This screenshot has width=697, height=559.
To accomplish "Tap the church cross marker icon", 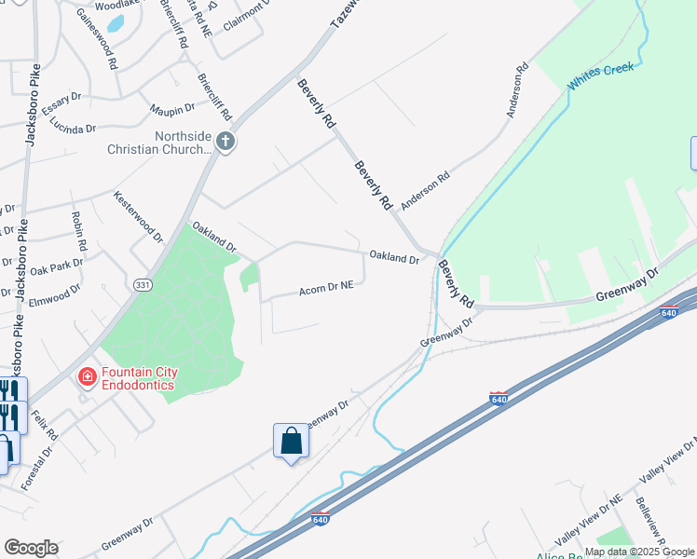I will [225, 142].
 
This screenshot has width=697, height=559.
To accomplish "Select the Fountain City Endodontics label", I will [139, 377].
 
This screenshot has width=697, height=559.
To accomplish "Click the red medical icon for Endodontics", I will [87, 377].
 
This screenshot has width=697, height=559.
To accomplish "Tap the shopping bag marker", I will [291, 441].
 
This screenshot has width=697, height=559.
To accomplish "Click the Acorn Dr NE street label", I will [326, 289].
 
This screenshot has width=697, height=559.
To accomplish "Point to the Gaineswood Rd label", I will [96, 39].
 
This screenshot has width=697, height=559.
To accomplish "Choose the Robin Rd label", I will [79, 232].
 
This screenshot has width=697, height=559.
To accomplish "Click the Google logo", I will [31, 547].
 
